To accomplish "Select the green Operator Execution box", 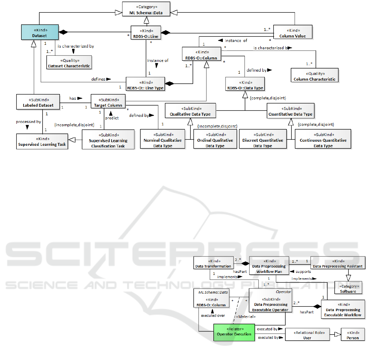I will coord(233,332).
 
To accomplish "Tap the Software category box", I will coord(348,289).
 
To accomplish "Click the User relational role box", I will coord(308,335).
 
